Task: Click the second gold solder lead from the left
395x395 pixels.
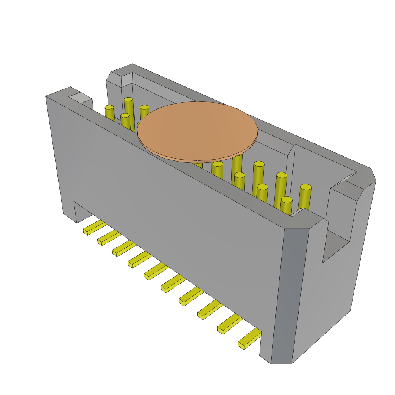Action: click(109, 237)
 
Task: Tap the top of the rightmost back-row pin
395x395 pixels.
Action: click(306, 187)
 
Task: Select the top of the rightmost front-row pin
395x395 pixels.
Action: click(286, 199)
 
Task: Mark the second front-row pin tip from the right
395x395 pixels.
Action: click(262, 187)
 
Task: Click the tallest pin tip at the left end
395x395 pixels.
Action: click(128, 100)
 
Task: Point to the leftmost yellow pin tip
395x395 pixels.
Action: click(109, 107)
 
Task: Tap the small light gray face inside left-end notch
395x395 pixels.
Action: click(81, 98)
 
